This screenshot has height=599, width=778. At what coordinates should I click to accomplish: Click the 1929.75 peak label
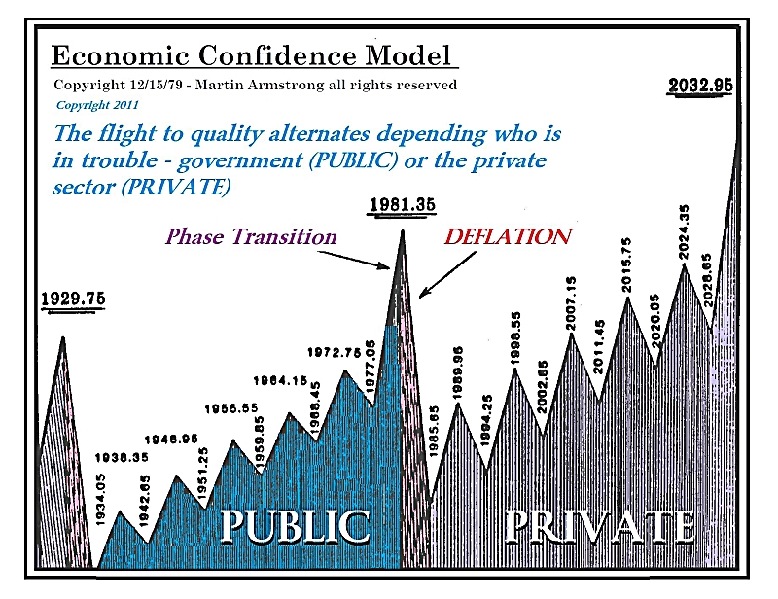(73, 299)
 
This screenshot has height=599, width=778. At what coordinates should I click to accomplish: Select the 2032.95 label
(700, 87)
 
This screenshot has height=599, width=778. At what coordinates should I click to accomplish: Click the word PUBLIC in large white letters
(296, 526)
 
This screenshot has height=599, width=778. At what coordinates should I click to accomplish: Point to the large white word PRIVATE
(600, 526)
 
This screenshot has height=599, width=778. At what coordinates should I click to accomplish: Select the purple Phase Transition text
(251, 236)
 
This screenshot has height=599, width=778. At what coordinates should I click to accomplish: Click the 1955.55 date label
(231, 408)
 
